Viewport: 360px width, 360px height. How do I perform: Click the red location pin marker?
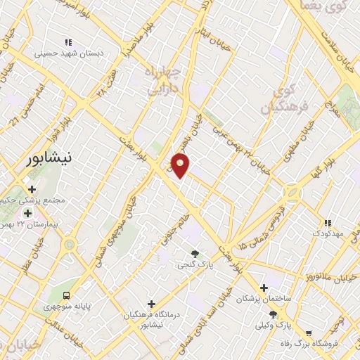click(x=181, y=165)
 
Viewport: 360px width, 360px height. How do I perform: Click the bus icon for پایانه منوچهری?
click(x=66, y=295)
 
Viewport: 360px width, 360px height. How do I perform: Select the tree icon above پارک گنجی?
click(x=195, y=253)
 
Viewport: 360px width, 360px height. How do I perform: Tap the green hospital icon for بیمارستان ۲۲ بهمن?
click(x=27, y=213)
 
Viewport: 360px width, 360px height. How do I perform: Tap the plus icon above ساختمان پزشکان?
click(x=264, y=287)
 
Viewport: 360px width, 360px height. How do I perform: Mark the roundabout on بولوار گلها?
click(x=290, y=192)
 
